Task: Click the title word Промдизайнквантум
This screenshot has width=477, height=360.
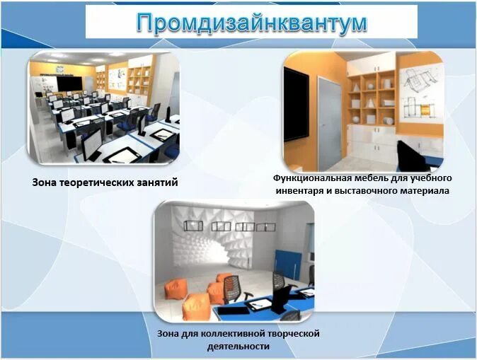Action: click(x=252, y=23)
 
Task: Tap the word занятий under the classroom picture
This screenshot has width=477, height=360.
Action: click(x=156, y=182)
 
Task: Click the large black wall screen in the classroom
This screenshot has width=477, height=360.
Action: click(x=71, y=83)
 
